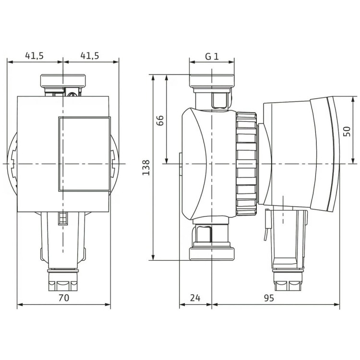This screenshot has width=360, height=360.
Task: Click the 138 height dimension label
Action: (x=146, y=168)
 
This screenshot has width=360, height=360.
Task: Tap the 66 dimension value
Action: (x=160, y=120)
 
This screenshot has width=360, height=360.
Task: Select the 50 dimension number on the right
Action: (x=347, y=132)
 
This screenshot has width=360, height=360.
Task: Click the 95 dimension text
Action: (x=269, y=298)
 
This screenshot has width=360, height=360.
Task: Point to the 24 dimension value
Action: (x=195, y=298)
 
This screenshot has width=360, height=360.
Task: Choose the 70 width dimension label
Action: (x=63, y=298)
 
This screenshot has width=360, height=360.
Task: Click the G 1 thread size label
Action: (x=212, y=56)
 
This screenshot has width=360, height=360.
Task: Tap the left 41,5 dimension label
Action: (x=34, y=56)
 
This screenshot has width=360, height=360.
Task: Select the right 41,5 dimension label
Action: (x=90, y=56)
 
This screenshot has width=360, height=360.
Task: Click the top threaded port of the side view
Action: (x=212, y=81)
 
